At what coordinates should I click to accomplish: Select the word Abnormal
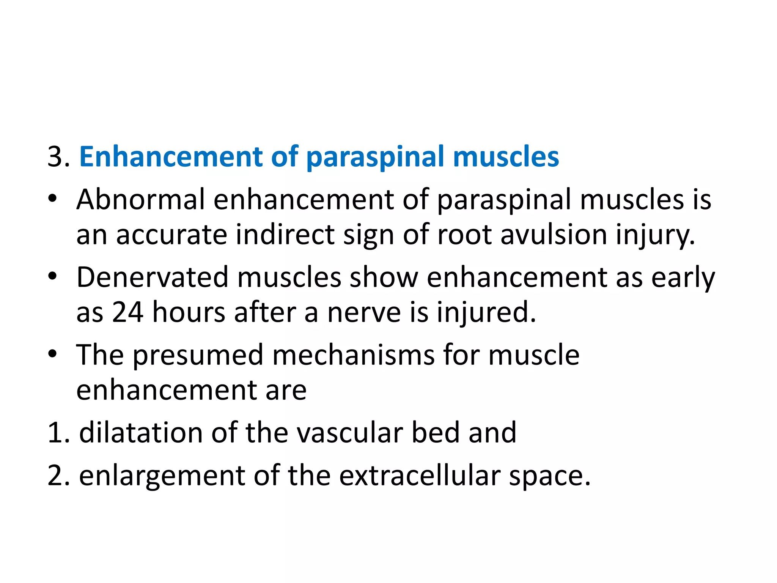point(140,199)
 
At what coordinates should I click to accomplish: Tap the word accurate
point(171,235)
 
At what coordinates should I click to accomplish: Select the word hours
point(189,312)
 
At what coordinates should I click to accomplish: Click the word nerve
point(364,312)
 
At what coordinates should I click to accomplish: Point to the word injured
point(486,312)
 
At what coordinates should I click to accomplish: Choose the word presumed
point(198,355)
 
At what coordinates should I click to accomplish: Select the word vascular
point(349,433)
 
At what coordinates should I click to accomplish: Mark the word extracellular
point(420,475)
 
